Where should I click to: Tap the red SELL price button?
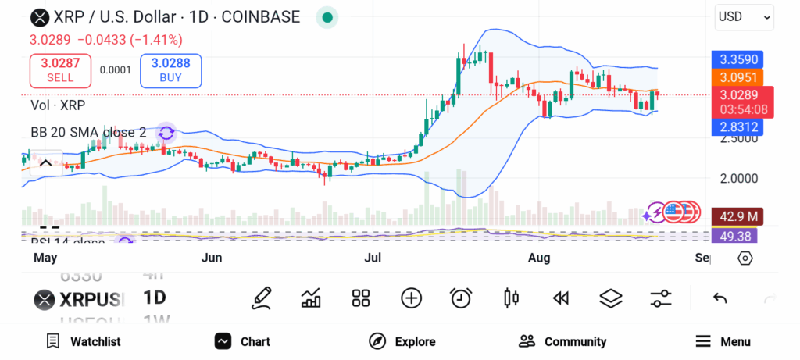60,71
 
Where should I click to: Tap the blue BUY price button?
170,71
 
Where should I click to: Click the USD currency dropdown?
744,16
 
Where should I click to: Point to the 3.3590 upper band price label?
738,59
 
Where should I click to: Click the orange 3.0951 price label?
738,77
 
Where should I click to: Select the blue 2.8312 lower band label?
738,127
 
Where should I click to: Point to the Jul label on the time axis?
373,258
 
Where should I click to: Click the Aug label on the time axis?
539,258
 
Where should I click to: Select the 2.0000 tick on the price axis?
738,178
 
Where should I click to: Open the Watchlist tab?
84,341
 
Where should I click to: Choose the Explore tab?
402,341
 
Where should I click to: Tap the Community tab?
562,341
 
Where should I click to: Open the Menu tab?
723,341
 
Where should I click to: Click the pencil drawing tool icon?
262,298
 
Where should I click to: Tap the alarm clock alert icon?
461,298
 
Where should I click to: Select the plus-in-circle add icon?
411,298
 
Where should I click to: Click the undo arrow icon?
720,298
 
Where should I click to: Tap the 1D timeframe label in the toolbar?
155,298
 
